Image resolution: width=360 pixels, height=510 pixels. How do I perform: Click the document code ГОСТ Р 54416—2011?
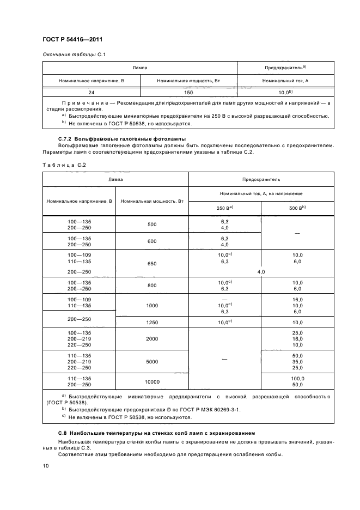[x=72, y=40]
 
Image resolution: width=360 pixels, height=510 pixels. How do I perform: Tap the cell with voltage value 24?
[x=91, y=93]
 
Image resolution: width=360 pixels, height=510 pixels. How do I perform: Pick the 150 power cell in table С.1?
[x=188, y=93]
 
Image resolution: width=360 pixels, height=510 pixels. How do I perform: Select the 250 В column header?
[x=224, y=208]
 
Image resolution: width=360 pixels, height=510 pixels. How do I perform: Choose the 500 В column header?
[x=297, y=208]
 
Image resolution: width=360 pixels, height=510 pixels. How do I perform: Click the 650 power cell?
[x=151, y=264]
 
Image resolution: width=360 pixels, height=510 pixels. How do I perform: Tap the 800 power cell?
[x=151, y=285]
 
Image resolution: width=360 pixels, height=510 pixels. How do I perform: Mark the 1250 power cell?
[x=151, y=322]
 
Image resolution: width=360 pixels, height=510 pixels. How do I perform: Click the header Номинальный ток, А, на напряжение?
[x=261, y=193]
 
